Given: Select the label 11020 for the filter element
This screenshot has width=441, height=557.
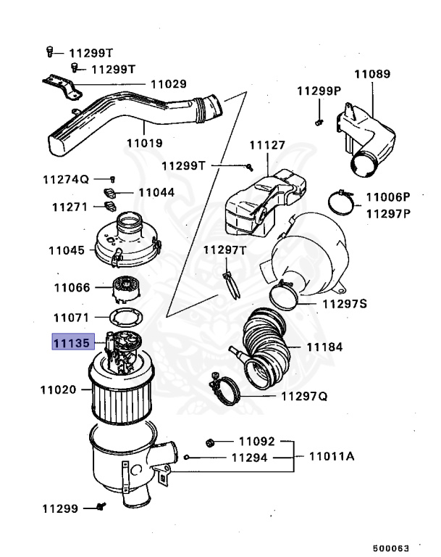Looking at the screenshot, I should tap(57, 389).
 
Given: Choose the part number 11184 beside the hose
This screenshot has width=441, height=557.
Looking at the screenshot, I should tap(324, 347).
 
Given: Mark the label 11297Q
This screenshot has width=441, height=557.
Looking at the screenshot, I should tap(303, 397).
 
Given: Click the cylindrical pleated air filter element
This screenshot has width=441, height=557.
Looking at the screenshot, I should tap(119, 397).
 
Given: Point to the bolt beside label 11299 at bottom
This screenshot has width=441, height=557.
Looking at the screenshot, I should tap(101, 508).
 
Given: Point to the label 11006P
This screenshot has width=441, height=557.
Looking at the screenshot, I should tap(387, 197).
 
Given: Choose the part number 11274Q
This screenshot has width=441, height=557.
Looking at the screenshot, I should tap(64, 178).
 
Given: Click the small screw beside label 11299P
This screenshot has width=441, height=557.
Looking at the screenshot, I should tap(319, 121).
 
